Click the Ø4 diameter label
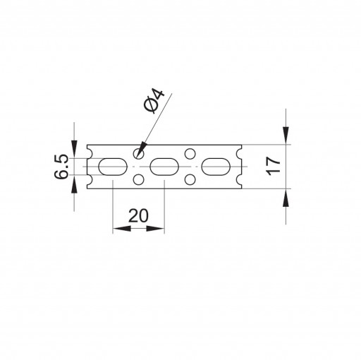(154, 101)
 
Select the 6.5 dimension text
(61, 167)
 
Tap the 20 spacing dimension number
(138, 215)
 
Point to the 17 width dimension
(273, 166)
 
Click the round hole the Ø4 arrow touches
(139, 154)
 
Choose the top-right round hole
(190, 154)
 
